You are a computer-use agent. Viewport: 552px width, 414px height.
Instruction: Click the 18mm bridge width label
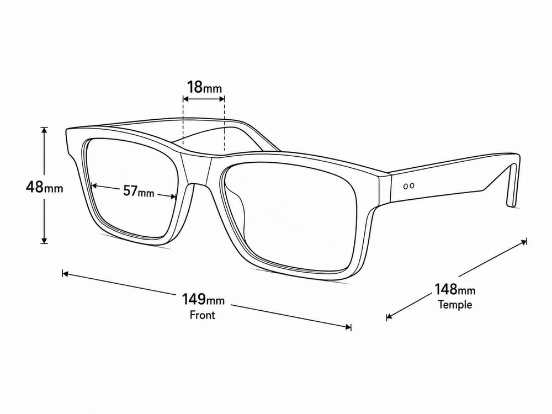tap(204, 87)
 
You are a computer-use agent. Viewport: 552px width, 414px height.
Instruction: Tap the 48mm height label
tap(44, 187)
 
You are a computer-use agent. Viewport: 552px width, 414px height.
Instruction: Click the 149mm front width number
tap(194, 299)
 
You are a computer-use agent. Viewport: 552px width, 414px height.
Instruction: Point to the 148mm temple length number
tap(445, 289)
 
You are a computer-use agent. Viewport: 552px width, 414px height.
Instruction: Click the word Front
tap(203, 315)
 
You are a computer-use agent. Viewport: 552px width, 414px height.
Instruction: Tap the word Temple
tap(455, 304)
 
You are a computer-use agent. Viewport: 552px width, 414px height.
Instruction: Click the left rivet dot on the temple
tap(406, 186)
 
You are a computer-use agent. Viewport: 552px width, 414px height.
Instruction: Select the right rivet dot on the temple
tap(412, 185)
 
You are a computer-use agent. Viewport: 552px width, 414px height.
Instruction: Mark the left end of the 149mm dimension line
tap(63, 273)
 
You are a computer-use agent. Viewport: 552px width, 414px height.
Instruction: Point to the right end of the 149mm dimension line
tap(351, 327)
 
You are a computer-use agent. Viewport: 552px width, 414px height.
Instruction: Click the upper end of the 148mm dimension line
tap(526, 241)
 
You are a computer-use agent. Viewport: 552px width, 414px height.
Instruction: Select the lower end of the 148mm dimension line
tap(388, 317)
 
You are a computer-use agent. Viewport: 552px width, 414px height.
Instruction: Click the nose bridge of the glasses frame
tap(197, 169)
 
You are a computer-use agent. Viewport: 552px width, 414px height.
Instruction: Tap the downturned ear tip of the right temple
tap(513, 187)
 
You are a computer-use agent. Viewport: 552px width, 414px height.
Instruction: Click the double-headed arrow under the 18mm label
tap(204, 99)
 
